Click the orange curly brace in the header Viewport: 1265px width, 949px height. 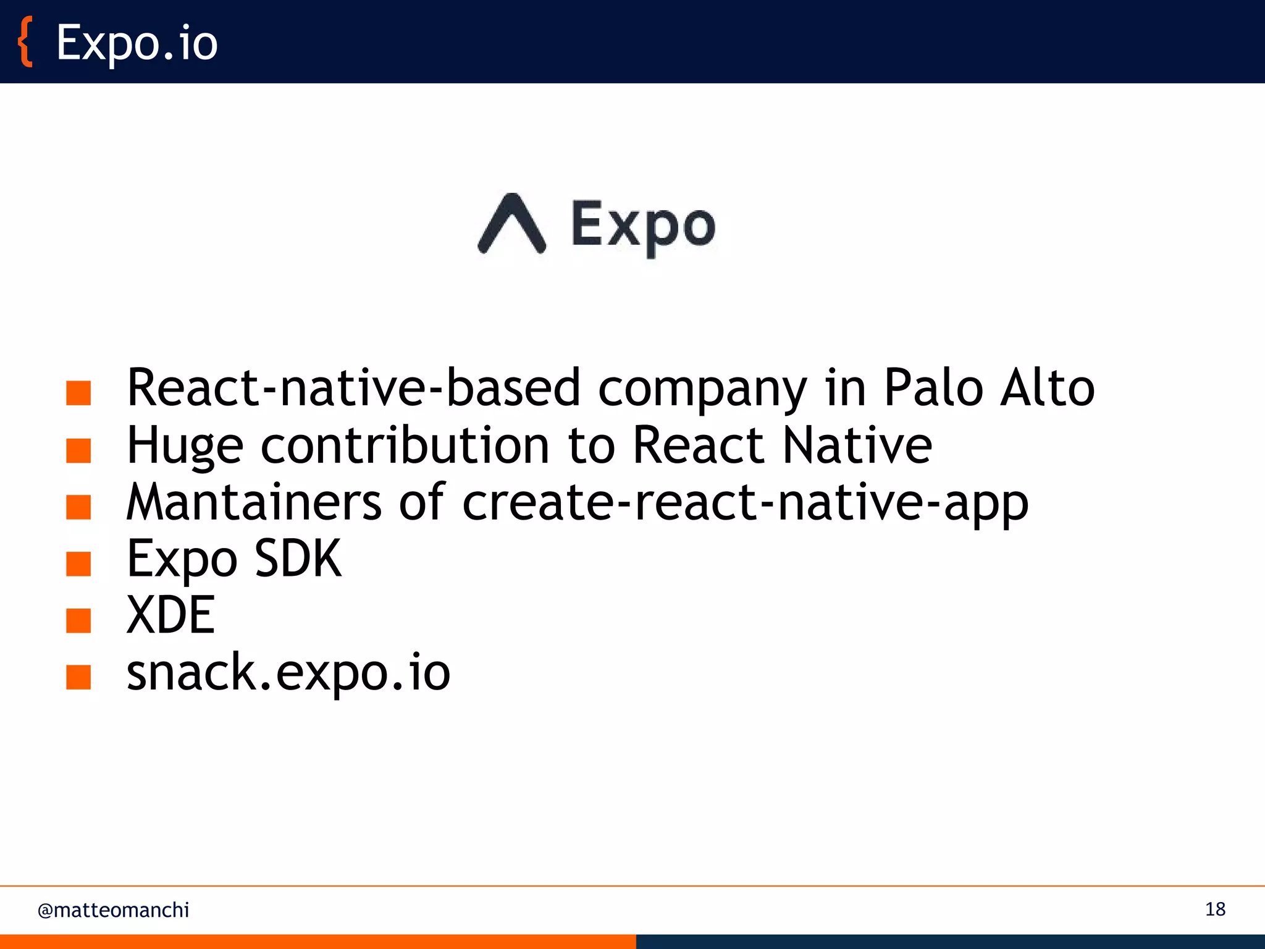pos(25,42)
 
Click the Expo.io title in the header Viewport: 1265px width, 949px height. pos(137,43)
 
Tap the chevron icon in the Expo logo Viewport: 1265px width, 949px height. pos(512,224)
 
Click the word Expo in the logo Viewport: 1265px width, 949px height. pos(643,226)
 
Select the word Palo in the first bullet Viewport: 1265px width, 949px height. pos(933,388)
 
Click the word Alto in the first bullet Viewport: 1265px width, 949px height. pos(1048,388)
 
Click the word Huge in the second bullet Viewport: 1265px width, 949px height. pos(185,447)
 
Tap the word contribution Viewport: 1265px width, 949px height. pos(405,445)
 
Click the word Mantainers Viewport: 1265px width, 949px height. pos(254,502)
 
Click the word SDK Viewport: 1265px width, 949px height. pos(298,559)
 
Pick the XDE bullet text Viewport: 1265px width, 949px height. pos(170,615)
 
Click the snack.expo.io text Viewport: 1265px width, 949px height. pos(288,673)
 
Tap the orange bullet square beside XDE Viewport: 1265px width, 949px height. pos(78,620)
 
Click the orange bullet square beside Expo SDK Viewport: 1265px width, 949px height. pos(78,563)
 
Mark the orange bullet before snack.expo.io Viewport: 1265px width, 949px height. pos(78,677)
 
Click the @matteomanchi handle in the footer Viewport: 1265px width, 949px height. pos(113,910)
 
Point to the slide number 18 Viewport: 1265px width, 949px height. pos(1215,909)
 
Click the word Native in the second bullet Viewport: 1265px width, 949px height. pos(857,445)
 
